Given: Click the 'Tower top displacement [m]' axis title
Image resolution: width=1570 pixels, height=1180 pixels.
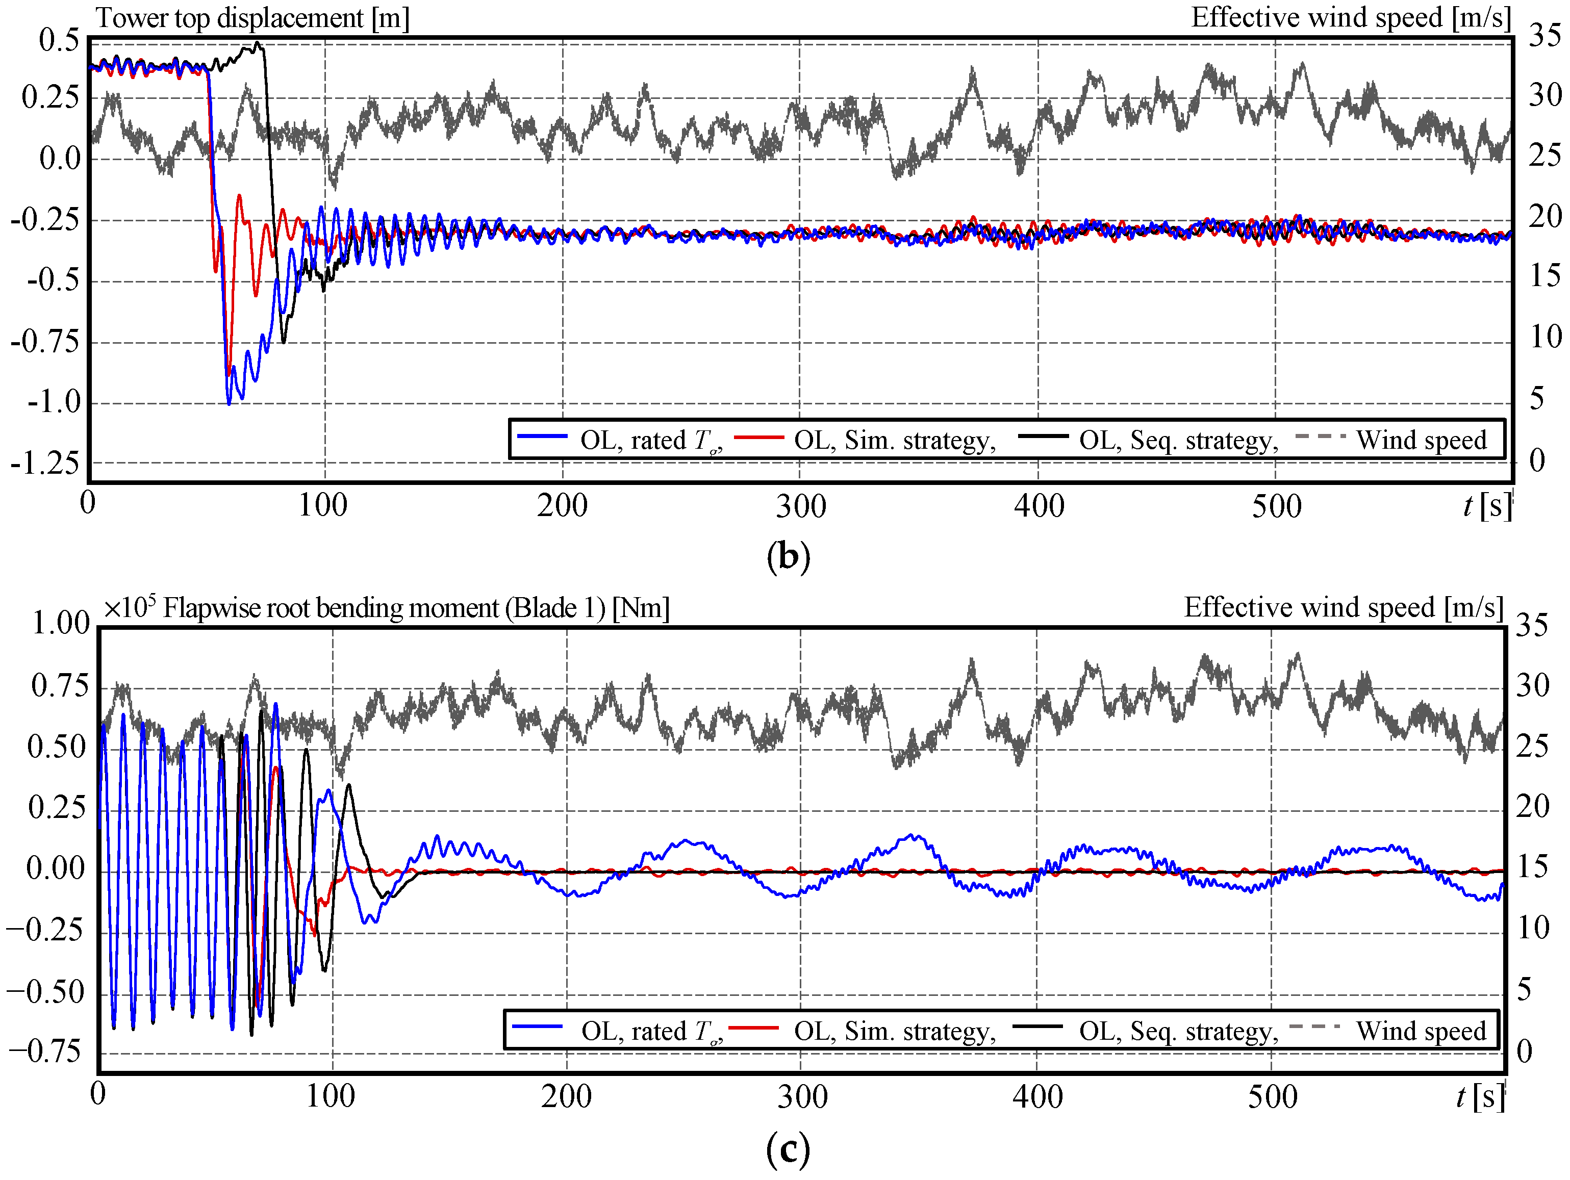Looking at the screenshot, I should [252, 18].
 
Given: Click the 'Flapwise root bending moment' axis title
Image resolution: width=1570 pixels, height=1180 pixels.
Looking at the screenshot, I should [415, 608].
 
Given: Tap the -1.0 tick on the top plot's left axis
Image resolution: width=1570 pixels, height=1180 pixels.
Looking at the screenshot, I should [54, 402].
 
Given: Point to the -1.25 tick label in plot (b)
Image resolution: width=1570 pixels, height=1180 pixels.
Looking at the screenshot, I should [45, 464].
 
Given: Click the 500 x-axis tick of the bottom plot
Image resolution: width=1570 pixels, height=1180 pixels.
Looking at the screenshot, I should [1273, 1097].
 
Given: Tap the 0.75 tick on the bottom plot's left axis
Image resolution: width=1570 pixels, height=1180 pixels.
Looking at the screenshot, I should [60, 685].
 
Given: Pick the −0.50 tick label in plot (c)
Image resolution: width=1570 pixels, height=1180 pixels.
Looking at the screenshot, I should [45, 992].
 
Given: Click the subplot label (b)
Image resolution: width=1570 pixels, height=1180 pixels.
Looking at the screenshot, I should [788, 557].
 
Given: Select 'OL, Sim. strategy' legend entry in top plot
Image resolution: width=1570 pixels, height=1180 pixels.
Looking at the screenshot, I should [894, 441].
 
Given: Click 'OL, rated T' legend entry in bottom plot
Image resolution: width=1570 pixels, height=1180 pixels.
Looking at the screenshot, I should [649, 1031].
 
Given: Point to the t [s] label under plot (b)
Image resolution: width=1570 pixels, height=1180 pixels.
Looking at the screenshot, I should [1486, 506].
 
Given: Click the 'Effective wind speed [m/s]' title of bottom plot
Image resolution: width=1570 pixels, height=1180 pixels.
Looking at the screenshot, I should [1343, 608].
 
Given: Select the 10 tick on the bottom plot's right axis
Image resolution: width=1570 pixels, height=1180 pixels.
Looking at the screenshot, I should [1533, 928].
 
